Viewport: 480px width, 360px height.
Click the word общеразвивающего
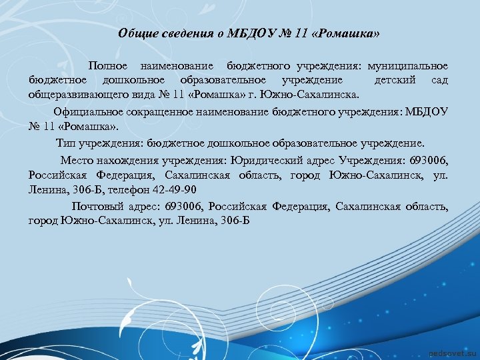tap(73, 95)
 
